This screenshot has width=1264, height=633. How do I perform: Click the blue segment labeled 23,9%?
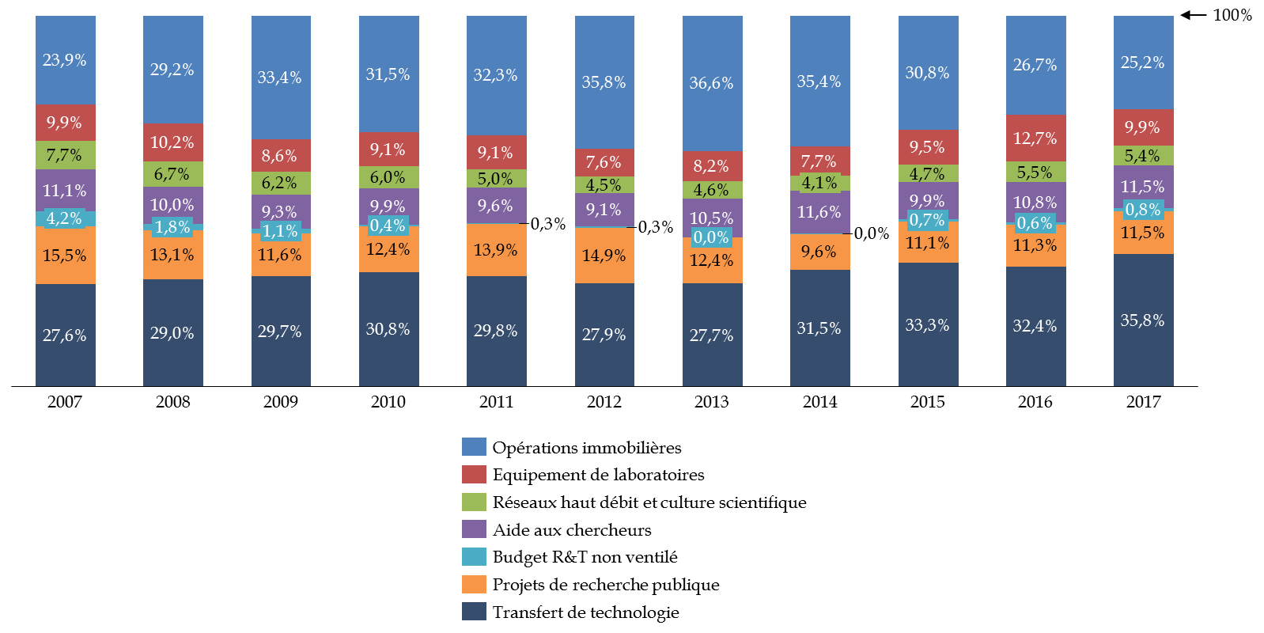pos(65,60)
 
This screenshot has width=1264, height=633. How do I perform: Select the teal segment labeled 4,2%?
pos(65,219)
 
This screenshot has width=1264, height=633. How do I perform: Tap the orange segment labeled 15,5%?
pos(65,256)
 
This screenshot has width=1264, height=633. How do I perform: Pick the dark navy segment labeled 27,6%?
pos(65,335)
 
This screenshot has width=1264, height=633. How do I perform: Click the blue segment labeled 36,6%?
pos(712,83)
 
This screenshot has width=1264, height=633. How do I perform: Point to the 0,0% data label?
pos(711,237)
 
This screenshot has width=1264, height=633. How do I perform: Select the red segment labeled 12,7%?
pos(1035,138)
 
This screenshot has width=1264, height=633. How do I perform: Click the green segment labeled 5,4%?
pos(1143,156)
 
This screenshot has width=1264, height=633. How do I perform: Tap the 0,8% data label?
pos(1143,210)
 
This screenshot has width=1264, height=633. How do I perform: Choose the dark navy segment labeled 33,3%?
pos(928,325)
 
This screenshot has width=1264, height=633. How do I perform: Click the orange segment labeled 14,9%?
pos(604,256)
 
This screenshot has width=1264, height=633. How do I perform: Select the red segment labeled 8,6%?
pos(280,156)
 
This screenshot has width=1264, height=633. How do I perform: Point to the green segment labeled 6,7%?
pos(172,174)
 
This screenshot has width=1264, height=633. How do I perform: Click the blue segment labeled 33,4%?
pos(280,78)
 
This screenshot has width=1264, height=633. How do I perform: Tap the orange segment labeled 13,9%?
pos(496,250)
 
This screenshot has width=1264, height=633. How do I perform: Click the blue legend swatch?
pos(474,447)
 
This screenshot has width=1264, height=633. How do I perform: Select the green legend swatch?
pos(474,502)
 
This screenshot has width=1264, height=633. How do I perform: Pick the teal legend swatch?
pos(474,557)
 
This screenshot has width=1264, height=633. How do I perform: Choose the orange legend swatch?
pos(474,584)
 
